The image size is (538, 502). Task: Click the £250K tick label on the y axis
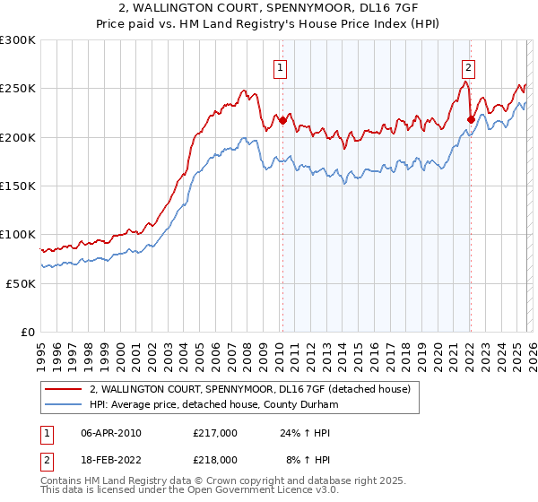(x=18, y=89)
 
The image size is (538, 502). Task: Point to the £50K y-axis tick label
(x=21, y=283)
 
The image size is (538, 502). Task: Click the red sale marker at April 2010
(x=282, y=120)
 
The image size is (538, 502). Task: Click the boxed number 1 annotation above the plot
(x=282, y=66)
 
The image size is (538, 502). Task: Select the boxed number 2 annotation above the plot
(x=469, y=66)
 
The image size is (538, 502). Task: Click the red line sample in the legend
(x=63, y=390)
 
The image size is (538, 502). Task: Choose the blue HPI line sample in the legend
(x=63, y=405)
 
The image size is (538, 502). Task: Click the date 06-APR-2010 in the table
(x=111, y=433)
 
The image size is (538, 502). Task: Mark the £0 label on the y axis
(x=27, y=332)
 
